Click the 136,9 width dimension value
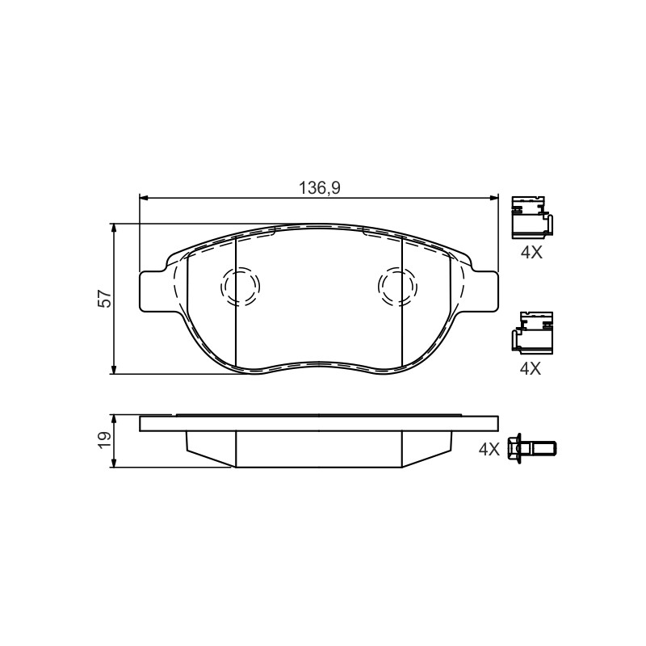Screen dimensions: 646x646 [x=319, y=188]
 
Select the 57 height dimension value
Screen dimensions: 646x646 [x=104, y=299]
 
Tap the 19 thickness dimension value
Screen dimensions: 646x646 [x=104, y=440]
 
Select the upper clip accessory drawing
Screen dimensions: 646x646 [x=531, y=217]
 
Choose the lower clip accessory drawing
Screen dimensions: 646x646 [x=532, y=333]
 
